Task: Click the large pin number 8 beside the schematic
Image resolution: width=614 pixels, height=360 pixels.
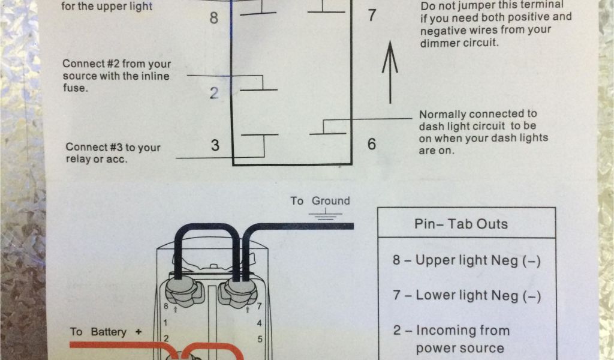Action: click(214, 17)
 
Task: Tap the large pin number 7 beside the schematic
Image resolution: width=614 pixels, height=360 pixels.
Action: click(372, 15)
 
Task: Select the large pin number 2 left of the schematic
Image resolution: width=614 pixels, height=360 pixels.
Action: click(214, 93)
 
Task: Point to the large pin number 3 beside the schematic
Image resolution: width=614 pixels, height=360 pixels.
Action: click(215, 145)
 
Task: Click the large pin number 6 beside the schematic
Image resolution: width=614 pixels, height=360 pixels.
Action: click(372, 144)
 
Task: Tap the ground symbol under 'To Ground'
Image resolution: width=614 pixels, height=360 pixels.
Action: click(326, 214)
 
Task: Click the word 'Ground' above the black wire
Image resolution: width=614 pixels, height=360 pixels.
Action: click(330, 201)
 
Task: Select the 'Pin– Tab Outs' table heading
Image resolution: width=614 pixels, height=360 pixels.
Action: click(461, 224)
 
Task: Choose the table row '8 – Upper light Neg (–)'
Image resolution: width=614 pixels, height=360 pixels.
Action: click(466, 260)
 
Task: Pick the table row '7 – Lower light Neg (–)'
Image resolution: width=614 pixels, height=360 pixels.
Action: click(466, 295)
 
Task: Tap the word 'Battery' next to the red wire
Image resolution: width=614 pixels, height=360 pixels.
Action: click(109, 332)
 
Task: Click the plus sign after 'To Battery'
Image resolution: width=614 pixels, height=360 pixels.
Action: click(138, 332)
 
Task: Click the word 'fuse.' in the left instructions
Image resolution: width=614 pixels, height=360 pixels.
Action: click(75, 88)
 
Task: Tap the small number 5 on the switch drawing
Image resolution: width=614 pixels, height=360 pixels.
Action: click(260, 339)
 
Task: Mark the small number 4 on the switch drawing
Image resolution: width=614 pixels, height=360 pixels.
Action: click(259, 323)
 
